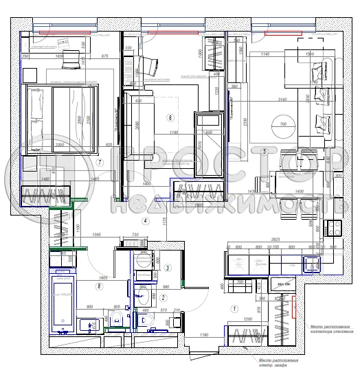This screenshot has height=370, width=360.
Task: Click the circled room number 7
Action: (100, 163)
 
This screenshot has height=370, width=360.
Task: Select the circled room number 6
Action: (170, 117)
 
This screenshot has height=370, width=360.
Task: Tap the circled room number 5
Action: (264, 150)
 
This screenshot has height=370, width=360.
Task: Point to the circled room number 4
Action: (146, 221)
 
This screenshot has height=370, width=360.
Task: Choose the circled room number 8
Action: (100, 286)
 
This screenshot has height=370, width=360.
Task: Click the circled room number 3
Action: (167, 268)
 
